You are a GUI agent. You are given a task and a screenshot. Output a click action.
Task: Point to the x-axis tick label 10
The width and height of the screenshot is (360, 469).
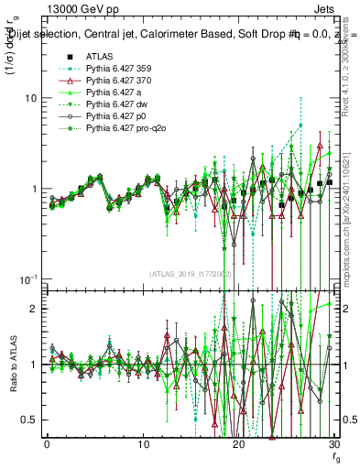tap(143, 446)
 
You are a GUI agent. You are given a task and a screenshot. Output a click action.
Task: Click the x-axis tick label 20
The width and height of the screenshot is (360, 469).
tap(238, 446)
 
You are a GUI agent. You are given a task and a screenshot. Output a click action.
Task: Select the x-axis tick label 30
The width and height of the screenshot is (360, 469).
tap(333, 446)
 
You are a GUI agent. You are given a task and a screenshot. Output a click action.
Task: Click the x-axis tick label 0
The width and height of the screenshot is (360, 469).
tap(48, 446)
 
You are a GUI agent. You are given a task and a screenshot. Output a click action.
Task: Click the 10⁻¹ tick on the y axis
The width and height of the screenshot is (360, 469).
tap(29, 278)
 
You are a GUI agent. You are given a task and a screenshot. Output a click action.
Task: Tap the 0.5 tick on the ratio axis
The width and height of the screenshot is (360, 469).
tap(32, 420)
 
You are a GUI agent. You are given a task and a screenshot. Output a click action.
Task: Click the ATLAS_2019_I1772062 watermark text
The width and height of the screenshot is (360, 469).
tap(190, 274)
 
